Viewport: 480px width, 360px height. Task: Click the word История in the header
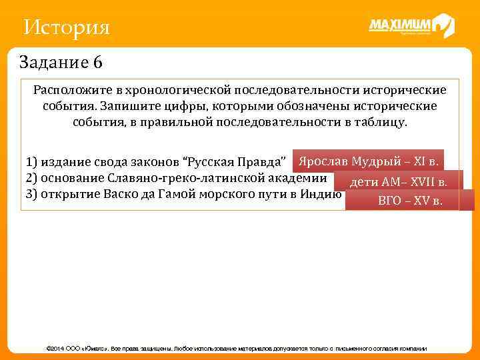[x=66, y=28]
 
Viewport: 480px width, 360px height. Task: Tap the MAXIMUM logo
[x=411, y=26]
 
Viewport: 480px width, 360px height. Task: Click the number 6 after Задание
[x=98, y=63]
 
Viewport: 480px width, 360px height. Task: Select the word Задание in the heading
[x=53, y=63]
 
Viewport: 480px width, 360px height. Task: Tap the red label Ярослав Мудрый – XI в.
[x=368, y=161]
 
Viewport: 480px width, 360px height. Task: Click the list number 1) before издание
[x=31, y=163]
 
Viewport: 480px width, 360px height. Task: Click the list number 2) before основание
[x=31, y=179]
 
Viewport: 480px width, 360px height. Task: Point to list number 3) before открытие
[x=31, y=195]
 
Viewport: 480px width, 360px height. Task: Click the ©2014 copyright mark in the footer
[x=55, y=349]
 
